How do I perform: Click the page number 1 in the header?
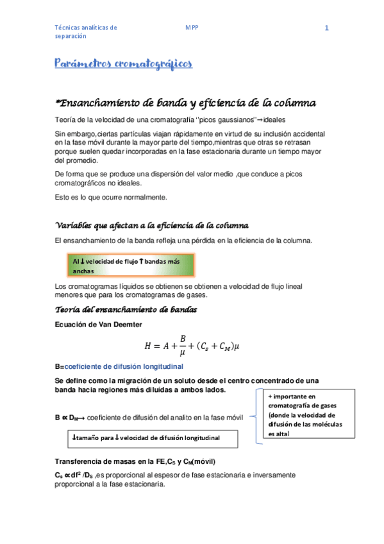pos(327,28)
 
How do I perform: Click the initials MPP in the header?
pos(192,28)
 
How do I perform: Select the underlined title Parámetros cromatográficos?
pos(122,64)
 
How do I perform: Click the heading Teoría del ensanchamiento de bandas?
pos(126,310)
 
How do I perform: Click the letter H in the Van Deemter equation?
pos(149,346)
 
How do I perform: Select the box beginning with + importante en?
pos(307,415)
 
